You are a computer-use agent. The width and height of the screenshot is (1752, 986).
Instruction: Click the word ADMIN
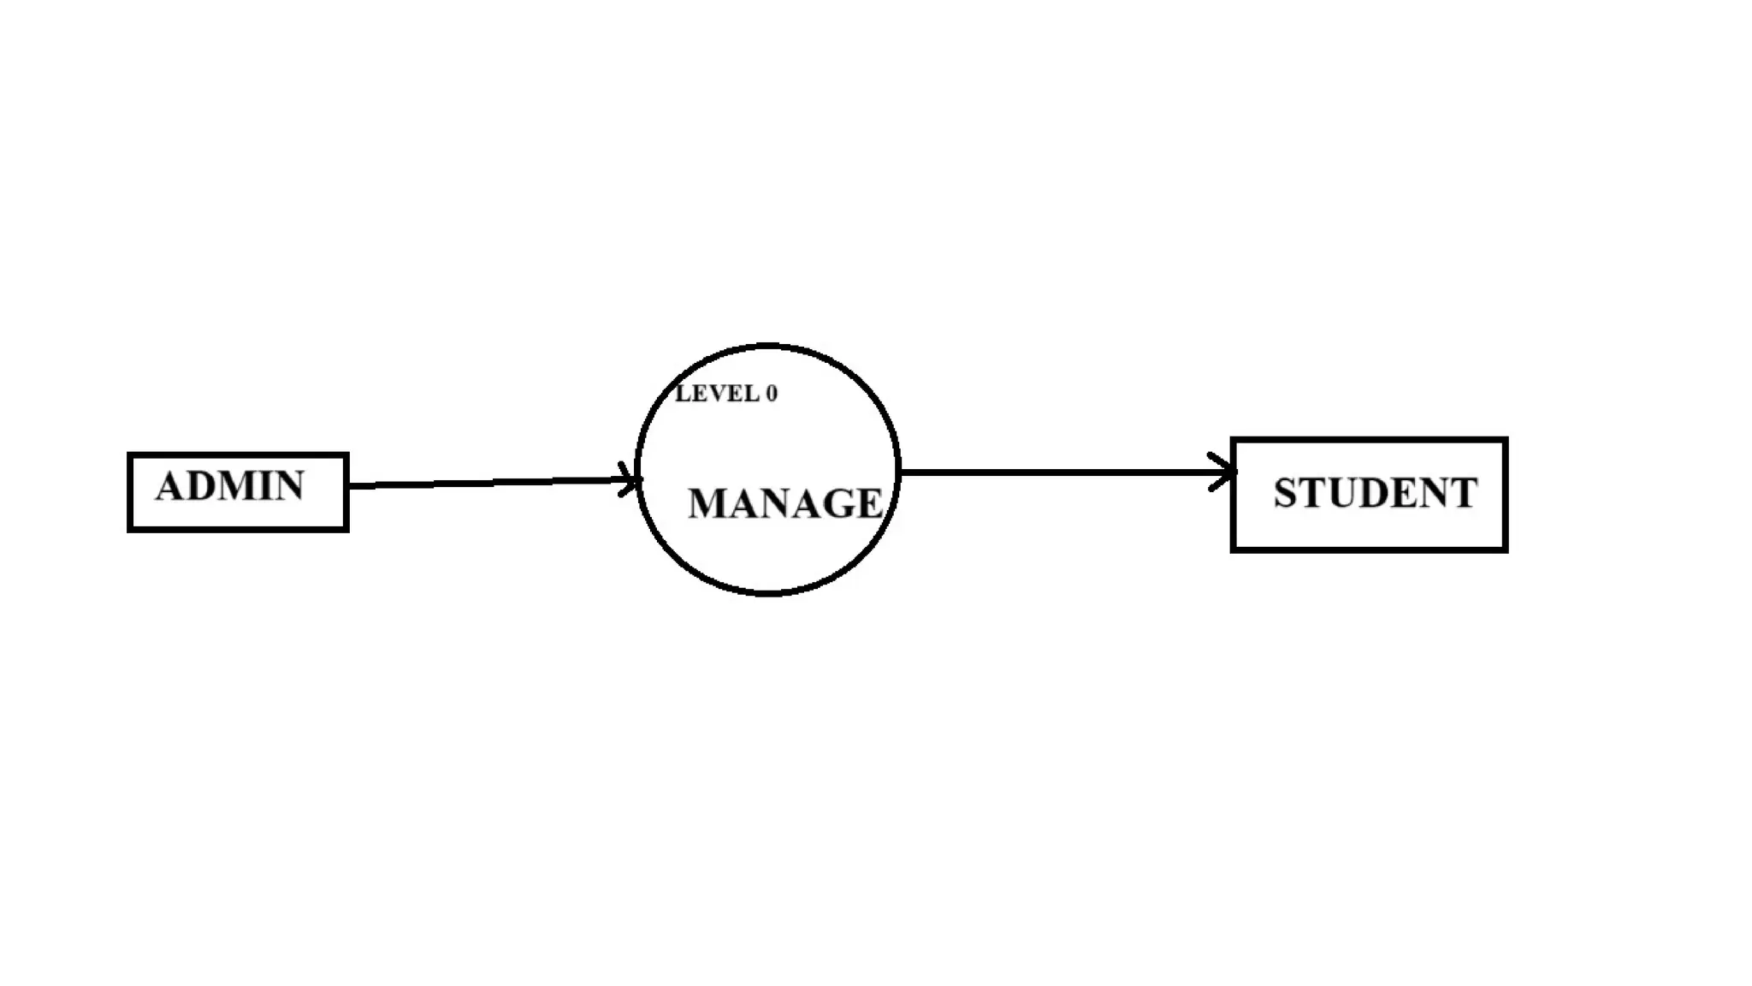229,486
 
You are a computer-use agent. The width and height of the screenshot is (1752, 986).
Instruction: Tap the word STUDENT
1375,493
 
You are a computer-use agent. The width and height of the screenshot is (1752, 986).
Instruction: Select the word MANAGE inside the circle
784,503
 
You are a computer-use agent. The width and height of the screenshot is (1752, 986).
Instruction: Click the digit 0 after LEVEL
772,394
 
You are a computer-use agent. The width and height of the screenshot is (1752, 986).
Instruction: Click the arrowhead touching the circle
631,478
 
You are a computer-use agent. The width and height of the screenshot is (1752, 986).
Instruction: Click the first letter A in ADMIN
169,486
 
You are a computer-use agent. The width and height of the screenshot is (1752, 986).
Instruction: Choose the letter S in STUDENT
1285,493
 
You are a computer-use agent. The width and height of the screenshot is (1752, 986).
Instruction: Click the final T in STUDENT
1464,493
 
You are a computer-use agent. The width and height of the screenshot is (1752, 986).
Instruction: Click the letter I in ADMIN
264,486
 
